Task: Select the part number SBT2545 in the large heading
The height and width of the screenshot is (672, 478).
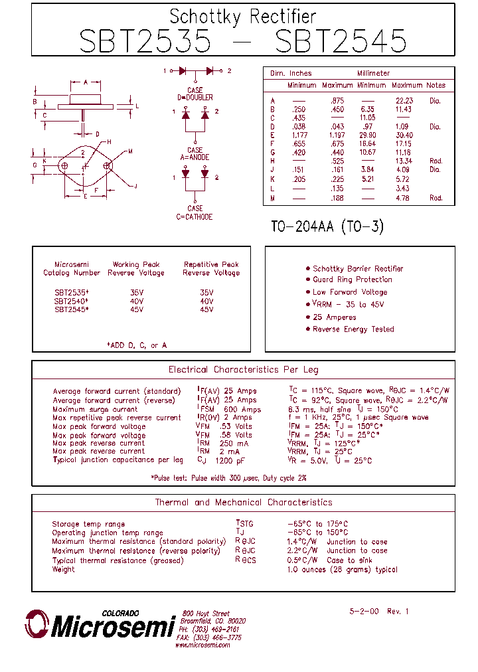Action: (340, 42)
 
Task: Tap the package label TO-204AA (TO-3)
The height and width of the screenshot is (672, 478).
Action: (327, 226)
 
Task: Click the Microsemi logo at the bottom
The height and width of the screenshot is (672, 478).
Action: (100, 625)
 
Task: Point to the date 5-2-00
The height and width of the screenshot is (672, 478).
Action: (364, 611)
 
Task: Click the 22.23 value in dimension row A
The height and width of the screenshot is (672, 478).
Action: (404, 101)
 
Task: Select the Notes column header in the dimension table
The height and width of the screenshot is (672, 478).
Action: (436, 85)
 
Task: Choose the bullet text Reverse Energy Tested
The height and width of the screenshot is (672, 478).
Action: (353, 329)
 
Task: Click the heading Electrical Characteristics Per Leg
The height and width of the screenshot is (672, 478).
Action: (243, 370)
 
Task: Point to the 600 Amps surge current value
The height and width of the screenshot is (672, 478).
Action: (242, 410)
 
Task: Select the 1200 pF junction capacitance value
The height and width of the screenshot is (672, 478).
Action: (230, 460)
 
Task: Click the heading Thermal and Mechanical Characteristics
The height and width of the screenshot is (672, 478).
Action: (243, 503)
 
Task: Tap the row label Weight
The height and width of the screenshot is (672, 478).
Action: (63, 570)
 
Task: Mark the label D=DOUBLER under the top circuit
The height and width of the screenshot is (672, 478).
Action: (195, 98)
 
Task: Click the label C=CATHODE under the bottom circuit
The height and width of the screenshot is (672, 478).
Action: (195, 217)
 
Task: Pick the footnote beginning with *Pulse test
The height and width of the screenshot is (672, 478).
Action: (228, 478)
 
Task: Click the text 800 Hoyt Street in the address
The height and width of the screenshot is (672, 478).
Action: (206, 614)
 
